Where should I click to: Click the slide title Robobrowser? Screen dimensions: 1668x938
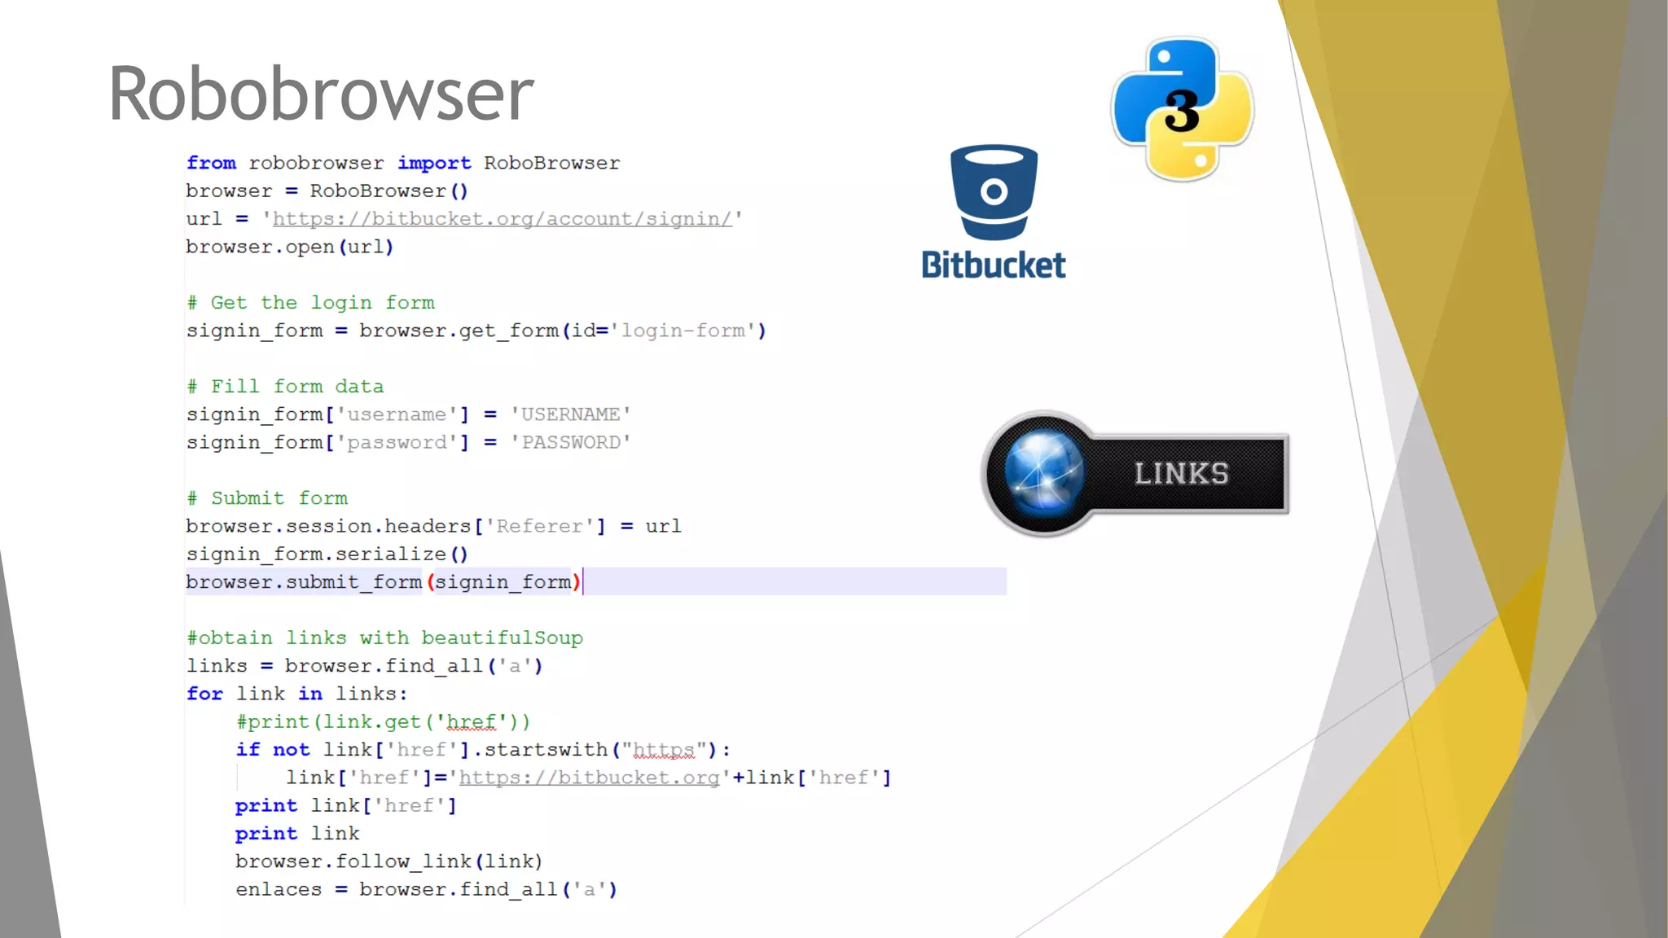click(x=321, y=94)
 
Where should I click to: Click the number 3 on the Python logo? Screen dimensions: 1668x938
click(x=1182, y=111)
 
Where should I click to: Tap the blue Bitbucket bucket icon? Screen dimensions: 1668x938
click(x=994, y=192)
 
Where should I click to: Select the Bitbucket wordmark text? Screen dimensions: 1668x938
click(x=993, y=265)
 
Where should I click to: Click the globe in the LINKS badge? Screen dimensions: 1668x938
click(x=1043, y=472)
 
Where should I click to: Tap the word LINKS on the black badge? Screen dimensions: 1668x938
click(x=1181, y=474)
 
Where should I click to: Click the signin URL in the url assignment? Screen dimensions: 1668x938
click(x=502, y=219)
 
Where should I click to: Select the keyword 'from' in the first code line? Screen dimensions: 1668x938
click(x=211, y=163)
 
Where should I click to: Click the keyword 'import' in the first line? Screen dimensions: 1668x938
click(x=434, y=163)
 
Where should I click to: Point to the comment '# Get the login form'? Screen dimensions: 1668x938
click(x=310, y=303)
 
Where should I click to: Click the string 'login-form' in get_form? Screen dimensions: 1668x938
click(x=683, y=331)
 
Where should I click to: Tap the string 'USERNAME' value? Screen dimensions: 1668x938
click(x=570, y=414)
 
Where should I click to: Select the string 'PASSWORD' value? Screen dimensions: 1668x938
click(x=570, y=442)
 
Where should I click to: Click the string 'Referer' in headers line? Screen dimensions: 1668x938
click(x=540, y=526)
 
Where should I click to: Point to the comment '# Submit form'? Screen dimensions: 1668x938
click(x=267, y=498)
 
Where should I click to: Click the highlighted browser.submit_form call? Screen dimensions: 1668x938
click(x=383, y=582)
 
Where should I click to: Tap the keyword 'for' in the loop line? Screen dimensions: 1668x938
click(x=204, y=694)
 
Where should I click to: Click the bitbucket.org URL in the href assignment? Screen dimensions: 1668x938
click(x=589, y=778)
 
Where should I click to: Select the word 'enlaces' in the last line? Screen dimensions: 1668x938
click(x=279, y=889)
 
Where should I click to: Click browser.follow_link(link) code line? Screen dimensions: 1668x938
click(x=388, y=861)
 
